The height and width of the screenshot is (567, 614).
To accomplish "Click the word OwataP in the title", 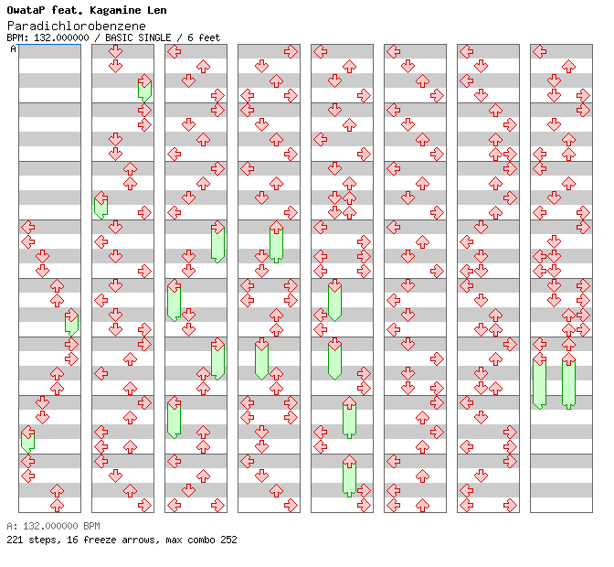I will [x=26, y=10].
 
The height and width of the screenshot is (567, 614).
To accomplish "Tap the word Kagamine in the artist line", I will [x=109, y=10].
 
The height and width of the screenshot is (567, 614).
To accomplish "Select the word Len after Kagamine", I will [x=153, y=10].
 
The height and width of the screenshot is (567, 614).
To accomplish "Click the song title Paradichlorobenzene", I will [x=76, y=26].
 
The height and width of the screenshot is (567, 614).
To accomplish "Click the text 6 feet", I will [x=205, y=38].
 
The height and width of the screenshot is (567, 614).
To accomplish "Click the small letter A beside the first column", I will [x=13, y=48].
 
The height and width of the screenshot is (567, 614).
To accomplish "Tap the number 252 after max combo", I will [x=228, y=540].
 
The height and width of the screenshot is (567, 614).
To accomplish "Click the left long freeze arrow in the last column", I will [x=539, y=380].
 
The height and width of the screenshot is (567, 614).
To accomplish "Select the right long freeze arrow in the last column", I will [x=568, y=380].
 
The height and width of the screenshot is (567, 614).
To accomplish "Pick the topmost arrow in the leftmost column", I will [x=27, y=227].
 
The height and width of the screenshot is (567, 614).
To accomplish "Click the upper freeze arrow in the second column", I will [x=144, y=89].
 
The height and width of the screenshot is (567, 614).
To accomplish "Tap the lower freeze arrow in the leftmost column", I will [x=27, y=439].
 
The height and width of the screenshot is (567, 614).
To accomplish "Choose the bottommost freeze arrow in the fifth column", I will [x=349, y=476].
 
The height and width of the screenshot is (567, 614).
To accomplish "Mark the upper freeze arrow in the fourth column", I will [x=276, y=241].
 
